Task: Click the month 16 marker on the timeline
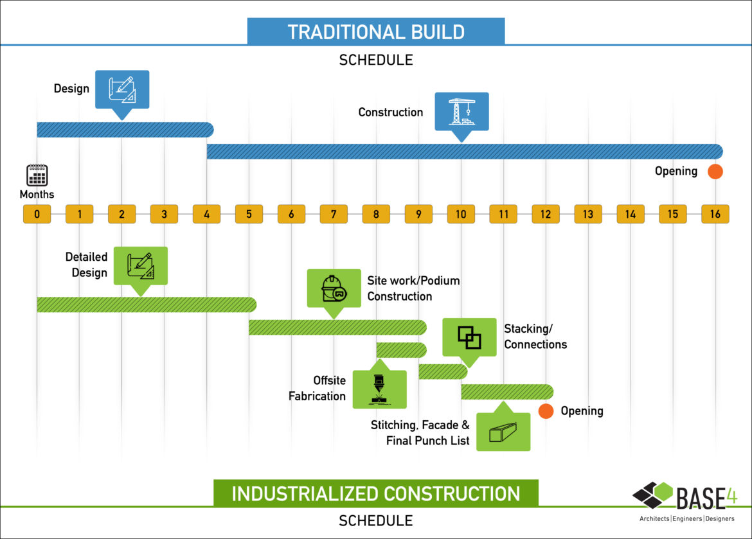point(715,215)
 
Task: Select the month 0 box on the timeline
point(37,215)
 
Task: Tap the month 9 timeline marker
point(418,215)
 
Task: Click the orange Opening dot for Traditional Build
point(715,172)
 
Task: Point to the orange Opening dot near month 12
point(546,411)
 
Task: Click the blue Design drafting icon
point(122,89)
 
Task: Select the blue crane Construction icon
point(461,111)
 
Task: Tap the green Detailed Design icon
point(140,265)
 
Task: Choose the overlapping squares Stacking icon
point(469,337)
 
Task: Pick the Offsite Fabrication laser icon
point(379,389)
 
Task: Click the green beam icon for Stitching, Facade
point(503,432)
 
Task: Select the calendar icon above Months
point(37,175)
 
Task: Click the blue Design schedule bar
point(125,129)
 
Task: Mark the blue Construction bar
point(464,152)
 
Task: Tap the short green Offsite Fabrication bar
point(401,350)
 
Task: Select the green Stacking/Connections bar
point(443,371)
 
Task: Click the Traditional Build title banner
point(376,31)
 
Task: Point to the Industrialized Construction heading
point(376,493)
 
